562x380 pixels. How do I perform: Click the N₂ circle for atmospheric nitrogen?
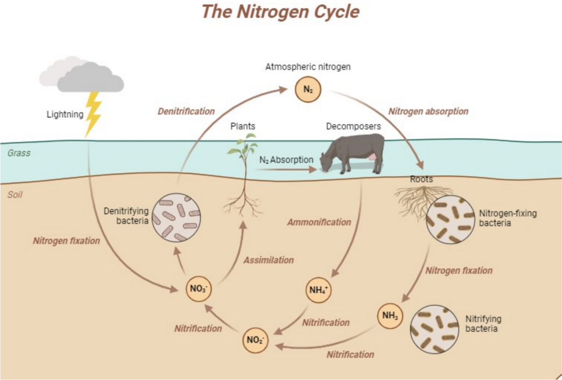308,90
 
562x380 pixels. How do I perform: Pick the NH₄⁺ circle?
318,289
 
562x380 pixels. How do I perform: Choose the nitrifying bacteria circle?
434,329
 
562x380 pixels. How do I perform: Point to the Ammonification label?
319,222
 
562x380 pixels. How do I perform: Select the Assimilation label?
268,260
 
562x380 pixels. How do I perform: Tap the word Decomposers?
353,126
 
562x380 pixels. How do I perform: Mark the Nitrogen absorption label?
428,111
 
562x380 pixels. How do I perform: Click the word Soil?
15,194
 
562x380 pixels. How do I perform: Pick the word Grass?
19,153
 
